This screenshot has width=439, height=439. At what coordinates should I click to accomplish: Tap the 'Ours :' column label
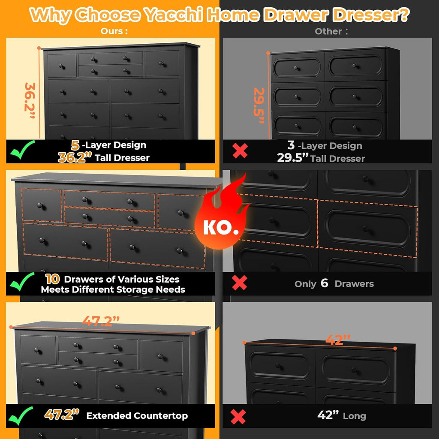click(x=114, y=31)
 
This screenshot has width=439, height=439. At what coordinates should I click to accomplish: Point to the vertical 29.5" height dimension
click(x=259, y=105)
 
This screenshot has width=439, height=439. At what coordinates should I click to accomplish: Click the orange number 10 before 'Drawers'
click(x=52, y=279)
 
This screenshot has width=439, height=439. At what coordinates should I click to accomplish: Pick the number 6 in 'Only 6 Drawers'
click(x=325, y=283)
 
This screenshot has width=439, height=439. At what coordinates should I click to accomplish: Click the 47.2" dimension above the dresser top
click(x=100, y=322)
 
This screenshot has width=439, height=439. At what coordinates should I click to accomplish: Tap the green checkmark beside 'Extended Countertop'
click(x=23, y=415)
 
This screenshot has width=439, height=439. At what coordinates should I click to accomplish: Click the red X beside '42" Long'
click(x=238, y=416)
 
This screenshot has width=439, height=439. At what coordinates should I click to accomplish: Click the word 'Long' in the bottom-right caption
click(x=354, y=416)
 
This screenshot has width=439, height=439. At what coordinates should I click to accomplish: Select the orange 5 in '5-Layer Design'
click(x=75, y=145)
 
